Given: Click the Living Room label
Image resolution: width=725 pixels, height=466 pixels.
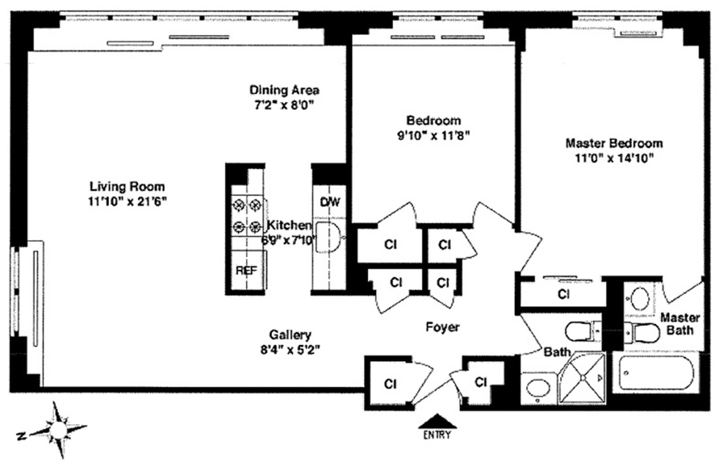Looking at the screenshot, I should (x=127, y=187).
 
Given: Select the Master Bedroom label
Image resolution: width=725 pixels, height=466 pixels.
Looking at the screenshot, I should (x=614, y=143).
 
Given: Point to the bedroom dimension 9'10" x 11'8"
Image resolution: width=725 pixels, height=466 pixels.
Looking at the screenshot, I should (x=433, y=135).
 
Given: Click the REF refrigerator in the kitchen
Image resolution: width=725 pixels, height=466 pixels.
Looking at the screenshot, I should (x=246, y=271).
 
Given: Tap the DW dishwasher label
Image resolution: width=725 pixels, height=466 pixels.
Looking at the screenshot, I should (x=330, y=202).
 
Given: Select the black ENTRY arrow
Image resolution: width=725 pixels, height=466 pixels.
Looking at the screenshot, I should (x=437, y=421).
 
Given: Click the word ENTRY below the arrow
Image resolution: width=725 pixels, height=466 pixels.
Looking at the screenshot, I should (x=437, y=435).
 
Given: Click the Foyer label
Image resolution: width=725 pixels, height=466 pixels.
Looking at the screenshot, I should (x=442, y=327).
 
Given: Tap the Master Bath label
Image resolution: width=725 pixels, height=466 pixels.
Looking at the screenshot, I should (x=680, y=324).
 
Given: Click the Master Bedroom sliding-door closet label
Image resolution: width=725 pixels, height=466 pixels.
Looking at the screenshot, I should (x=563, y=294).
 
